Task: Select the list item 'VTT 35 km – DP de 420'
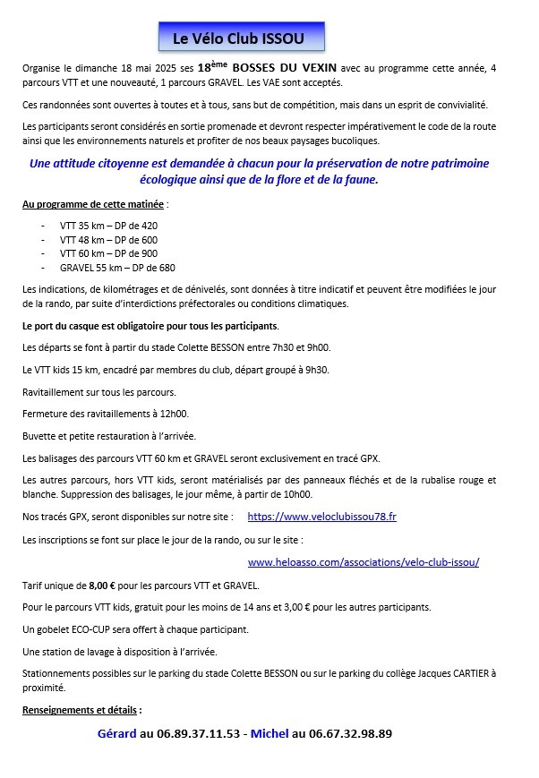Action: [108, 226]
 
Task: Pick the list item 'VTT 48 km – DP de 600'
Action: [108, 240]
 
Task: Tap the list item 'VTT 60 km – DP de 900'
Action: [108, 253]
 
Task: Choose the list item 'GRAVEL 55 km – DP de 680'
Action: [117, 268]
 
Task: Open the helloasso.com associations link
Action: [364, 562]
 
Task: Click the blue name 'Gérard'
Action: [116, 733]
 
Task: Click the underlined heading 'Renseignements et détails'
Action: [81, 710]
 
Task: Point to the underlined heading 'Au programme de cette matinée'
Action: [93, 204]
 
